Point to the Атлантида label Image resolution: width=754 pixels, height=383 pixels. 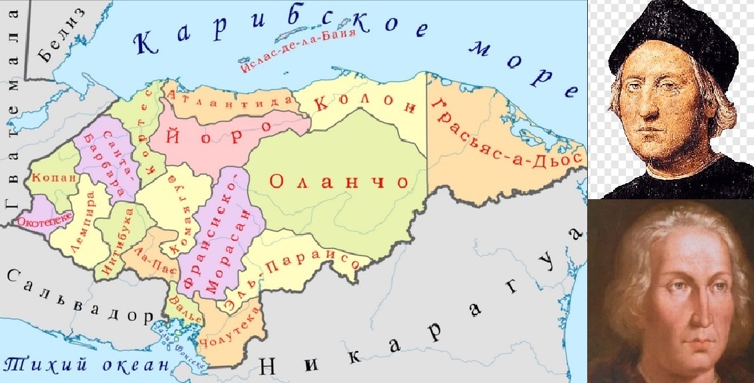click(231, 100)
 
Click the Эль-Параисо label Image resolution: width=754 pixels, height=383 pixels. click(287, 276)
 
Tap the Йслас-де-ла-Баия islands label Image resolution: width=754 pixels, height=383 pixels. click(296, 50)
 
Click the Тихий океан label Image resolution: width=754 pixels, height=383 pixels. click(87, 364)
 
